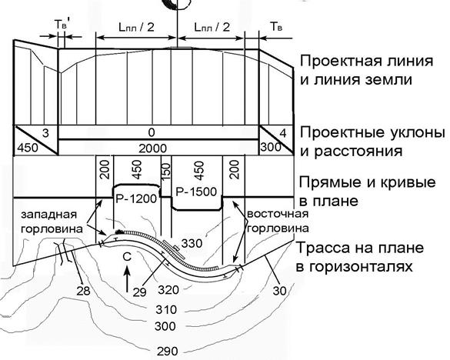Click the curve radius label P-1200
136,199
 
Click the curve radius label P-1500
196,192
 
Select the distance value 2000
152,148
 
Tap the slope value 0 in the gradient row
152,132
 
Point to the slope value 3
45,134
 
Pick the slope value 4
283,134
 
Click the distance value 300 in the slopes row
271,147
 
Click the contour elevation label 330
192,243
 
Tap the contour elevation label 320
168,290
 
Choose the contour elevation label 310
166,310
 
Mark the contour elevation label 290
168,351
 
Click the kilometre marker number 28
83,291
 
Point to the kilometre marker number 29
140,292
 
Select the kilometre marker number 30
279,291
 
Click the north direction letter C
127,257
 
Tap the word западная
49,215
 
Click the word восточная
278,214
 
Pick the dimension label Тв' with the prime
61,25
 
